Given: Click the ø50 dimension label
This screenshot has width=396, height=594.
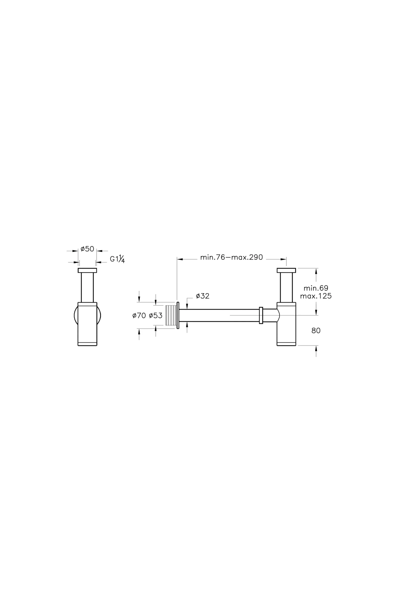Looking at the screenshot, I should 87,249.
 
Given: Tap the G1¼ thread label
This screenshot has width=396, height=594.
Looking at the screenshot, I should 117,259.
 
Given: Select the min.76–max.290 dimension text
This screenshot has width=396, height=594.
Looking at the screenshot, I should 231,257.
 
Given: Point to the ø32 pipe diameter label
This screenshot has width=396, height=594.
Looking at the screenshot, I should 202,296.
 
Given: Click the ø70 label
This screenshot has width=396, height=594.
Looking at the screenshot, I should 139,315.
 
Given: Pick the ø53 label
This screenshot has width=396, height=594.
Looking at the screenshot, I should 156,315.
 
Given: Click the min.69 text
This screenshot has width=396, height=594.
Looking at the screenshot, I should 316,288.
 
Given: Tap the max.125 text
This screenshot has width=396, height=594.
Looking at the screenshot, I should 316,296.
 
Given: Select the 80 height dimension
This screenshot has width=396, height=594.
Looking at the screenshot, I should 316,330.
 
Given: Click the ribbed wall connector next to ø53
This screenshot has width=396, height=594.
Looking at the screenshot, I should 171,315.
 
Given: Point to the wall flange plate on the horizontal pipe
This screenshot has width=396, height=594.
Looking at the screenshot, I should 178,315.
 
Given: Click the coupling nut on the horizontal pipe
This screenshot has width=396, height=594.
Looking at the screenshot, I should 261,315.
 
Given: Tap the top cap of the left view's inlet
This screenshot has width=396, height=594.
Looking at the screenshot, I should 87,271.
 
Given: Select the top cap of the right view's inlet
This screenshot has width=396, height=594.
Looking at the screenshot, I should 286,271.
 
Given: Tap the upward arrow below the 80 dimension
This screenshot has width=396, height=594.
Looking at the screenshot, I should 316,351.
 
